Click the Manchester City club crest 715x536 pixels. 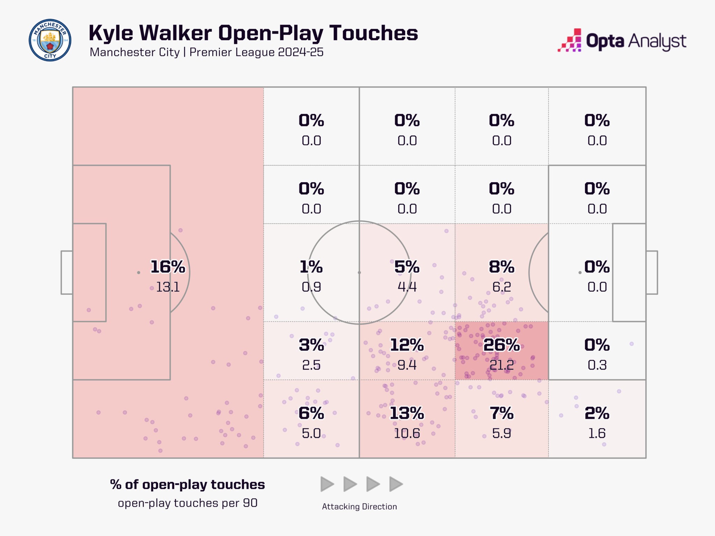click(50, 40)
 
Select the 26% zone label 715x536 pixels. click(501, 345)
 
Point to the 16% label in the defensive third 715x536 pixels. click(168, 267)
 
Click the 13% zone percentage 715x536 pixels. click(407, 413)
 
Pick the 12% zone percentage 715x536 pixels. click(407, 345)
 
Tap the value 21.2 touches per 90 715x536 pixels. click(501, 365)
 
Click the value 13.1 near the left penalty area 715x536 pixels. click(168, 287)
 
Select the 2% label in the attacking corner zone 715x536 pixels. click(597, 413)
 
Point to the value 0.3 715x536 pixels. click(597, 365)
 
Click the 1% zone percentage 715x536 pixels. click(311, 267)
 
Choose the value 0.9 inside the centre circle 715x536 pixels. click(311, 287)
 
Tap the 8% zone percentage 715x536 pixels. click(501, 267)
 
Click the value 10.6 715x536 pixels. click(407, 433)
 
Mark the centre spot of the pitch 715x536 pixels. click(359, 273)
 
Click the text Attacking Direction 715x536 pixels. click(359, 507)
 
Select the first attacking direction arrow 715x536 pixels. click(327, 484)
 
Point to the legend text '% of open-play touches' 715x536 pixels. click(187, 485)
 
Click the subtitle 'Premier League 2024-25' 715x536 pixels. click(256, 52)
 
